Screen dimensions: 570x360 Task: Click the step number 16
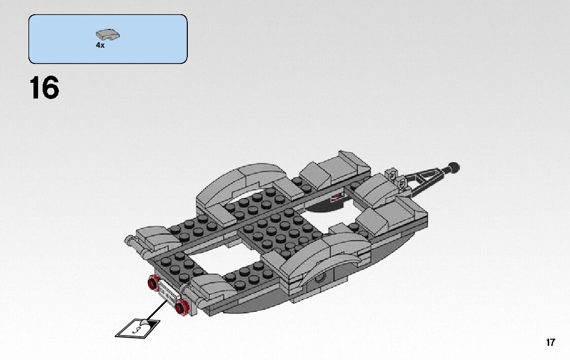tap(44, 88)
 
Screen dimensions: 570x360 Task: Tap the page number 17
tap(551, 342)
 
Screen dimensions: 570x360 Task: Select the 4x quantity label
tap(100, 45)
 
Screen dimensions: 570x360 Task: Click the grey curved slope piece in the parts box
tap(108, 35)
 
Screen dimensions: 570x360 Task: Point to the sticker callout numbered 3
tap(136, 327)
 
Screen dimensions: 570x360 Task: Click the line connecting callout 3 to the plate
tap(157, 309)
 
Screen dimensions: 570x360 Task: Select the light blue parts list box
tap(108, 39)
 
